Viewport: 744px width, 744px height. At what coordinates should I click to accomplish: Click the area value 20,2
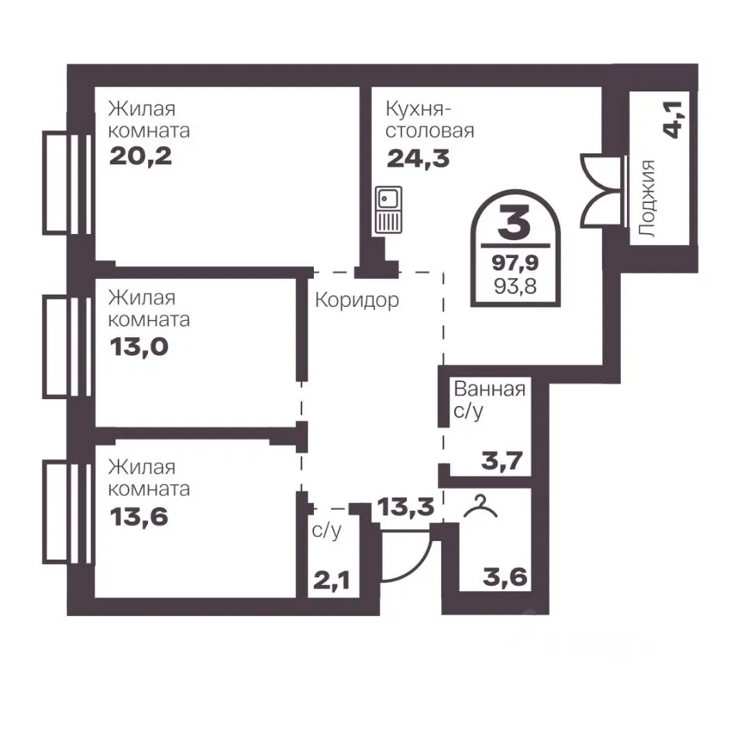tap(140, 156)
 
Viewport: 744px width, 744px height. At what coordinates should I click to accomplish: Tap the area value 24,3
tap(418, 158)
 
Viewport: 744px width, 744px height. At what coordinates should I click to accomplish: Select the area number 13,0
tap(139, 347)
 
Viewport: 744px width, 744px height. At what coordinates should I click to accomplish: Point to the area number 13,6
tap(139, 516)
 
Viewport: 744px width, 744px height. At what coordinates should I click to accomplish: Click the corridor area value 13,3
tap(405, 507)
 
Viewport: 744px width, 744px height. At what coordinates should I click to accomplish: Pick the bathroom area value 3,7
tap(502, 460)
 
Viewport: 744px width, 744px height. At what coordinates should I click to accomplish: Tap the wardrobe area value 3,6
tap(505, 577)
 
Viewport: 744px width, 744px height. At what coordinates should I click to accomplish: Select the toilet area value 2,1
tap(332, 580)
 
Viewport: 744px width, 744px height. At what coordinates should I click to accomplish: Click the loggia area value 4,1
tap(673, 119)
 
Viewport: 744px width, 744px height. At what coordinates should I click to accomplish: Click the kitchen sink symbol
tap(388, 210)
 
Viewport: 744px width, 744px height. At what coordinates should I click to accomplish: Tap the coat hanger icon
tap(480, 506)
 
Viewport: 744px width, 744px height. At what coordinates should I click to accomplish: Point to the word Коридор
tap(356, 301)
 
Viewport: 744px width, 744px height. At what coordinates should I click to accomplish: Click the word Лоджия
tap(647, 198)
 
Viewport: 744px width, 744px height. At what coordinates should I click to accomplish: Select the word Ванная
tap(490, 389)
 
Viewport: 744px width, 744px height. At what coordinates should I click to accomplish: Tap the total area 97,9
tap(515, 262)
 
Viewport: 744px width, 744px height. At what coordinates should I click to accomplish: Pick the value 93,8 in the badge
tap(515, 286)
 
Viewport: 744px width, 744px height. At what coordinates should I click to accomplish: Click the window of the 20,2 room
tap(67, 183)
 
